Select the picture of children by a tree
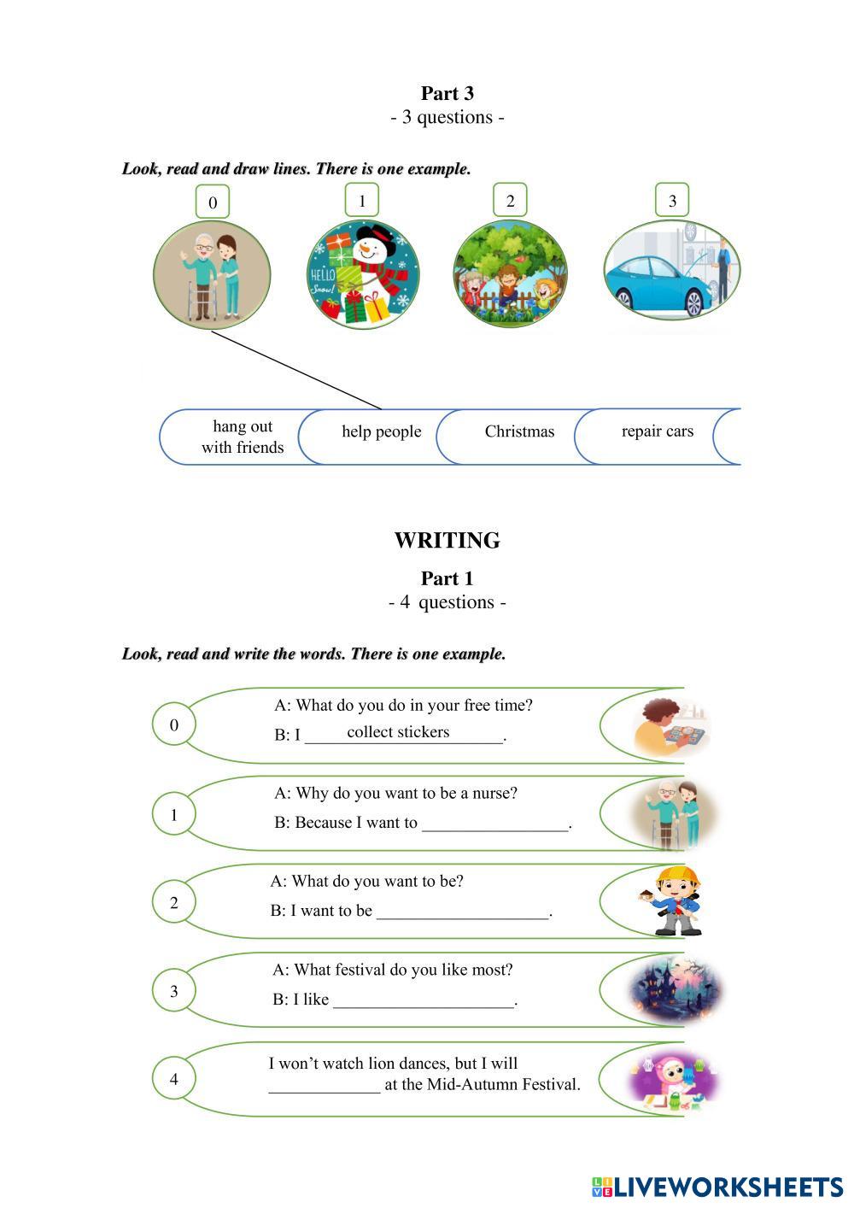click(x=510, y=273)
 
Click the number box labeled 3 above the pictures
click(x=672, y=201)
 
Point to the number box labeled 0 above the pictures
click(x=213, y=202)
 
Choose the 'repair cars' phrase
click(x=657, y=431)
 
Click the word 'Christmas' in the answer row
click(x=519, y=432)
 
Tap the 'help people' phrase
click(x=381, y=431)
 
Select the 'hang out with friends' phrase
click(x=243, y=437)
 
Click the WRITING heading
click(x=447, y=541)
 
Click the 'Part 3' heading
click(x=447, y=93)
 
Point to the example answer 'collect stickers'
click(x=398, y=732)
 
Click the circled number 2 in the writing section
click(x=174, y=902)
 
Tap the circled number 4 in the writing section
click(x=174, y=1079)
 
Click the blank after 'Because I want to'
click(x=495, y=824)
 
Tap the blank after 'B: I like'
click(x=424, y=1000)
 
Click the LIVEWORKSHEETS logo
click(x=717, y=1187)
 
